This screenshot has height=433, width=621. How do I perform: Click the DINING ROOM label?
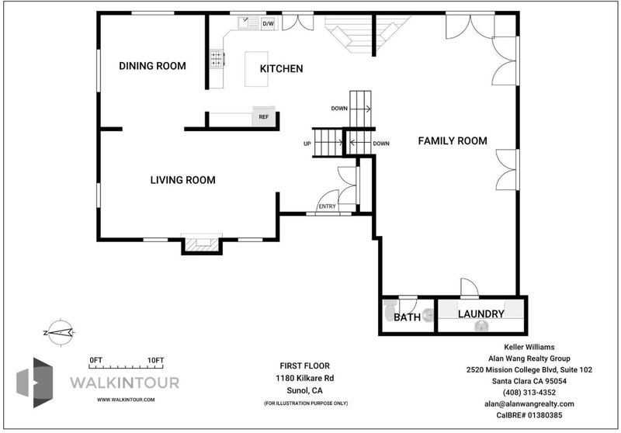click(152, 66)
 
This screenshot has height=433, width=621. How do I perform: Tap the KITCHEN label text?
click(281, 69)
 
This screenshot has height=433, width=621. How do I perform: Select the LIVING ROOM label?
click(183, 180)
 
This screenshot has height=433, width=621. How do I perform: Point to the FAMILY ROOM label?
click(453, 141)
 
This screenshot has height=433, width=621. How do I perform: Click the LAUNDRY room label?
click(481, 313)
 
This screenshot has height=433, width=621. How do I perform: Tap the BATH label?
click(407, 317)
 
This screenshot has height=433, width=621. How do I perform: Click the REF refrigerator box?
click(264, 116)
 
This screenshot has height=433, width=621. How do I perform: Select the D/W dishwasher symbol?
click(268, 24)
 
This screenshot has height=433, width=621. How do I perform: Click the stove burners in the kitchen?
click(217, 58)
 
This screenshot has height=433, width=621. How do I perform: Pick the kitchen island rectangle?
click(256, 69)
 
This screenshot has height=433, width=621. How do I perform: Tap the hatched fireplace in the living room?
click(202, 244)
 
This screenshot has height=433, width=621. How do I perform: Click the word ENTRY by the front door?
click(327, 206)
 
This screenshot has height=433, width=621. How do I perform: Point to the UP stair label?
click(307, 144)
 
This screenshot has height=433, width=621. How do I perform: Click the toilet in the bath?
click(390, 310)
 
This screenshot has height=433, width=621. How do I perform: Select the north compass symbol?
click(60, 332)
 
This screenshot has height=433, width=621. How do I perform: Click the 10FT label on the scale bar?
click(155, 360)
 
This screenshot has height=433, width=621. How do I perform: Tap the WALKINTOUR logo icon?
click(34, 383)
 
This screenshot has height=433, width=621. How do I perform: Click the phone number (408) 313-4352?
click(529, 393)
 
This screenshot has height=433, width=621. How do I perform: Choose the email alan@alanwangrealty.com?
click(529, 404)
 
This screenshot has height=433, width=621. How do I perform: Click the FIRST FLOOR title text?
click(304, 365)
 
